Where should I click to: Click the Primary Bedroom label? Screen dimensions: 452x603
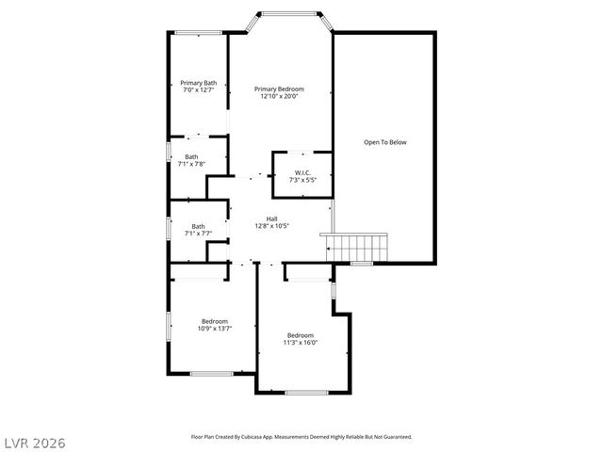279,89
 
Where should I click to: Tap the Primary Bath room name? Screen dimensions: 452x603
199,83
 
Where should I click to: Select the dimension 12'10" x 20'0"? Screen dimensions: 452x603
279,96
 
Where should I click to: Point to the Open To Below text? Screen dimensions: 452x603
385,142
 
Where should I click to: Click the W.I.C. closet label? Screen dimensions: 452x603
301,172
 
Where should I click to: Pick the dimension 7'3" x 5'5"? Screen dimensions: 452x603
301,180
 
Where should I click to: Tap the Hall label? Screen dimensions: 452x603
271,218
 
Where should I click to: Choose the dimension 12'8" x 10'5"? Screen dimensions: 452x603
271,226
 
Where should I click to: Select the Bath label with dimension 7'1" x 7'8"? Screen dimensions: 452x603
191,156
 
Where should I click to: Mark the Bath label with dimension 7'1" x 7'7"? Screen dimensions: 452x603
198,226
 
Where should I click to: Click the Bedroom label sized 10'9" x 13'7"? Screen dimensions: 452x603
214,321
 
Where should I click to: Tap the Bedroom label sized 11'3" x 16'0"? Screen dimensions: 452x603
301,335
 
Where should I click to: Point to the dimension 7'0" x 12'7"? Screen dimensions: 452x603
199,90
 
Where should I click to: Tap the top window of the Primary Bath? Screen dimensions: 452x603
198,35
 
